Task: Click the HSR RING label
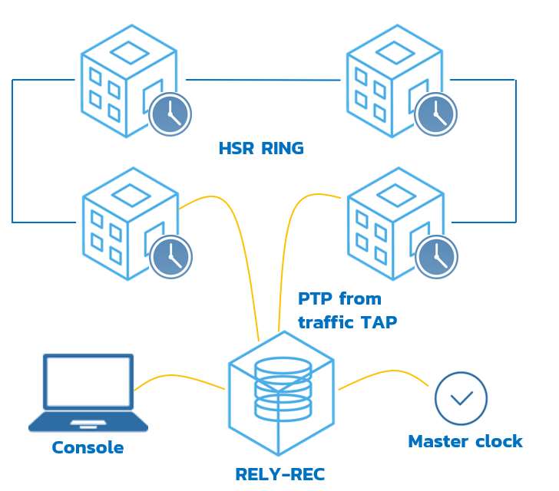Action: (261, 148)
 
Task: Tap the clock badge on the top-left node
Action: (170, 114)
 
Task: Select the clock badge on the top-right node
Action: (435, 114)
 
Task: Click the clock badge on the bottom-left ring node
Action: (170, 256)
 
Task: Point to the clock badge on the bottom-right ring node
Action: (435, 256)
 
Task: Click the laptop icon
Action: (88, 392)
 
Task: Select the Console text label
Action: (88, 447)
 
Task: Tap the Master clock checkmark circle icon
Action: (461, 398)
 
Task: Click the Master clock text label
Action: (465, 441)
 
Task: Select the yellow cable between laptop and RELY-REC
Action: (180, 377)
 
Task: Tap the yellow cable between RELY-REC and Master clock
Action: (384, 374)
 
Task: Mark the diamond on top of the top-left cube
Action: (128, 52)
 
